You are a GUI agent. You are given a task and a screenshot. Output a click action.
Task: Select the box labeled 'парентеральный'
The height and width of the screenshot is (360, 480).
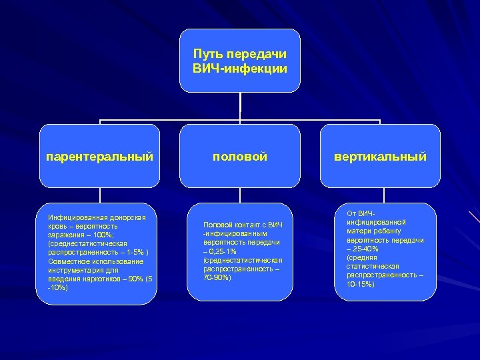(x=100, y=156)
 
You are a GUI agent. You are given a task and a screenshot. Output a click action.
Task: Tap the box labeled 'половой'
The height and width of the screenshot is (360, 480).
(x=240, y=156)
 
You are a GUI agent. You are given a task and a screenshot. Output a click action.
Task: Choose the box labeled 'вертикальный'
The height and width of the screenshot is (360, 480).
(x=380, y=156)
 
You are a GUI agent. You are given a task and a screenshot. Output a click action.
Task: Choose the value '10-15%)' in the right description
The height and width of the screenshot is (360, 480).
(x=361, y=283)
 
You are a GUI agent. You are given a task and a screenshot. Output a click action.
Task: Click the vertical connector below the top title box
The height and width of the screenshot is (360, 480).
(x=240, y=107)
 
